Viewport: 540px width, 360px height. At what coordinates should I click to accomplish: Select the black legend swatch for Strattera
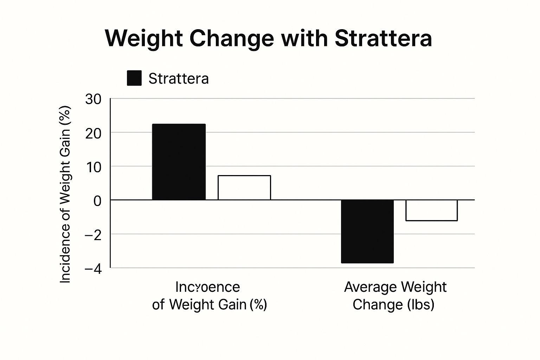click(134, 78)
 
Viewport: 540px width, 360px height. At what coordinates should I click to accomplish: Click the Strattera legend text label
click(178, 78)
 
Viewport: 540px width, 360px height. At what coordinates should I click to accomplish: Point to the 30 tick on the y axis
click(93, 99)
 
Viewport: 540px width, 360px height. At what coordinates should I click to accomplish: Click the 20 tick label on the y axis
click(93, 133)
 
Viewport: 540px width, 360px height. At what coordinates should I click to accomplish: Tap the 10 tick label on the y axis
click(93, 167)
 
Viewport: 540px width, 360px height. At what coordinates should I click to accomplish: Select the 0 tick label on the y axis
click(97, 201)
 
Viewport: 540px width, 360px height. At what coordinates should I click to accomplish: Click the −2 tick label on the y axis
click(93, 235)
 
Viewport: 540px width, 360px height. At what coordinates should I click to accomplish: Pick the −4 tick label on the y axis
click(93, 269)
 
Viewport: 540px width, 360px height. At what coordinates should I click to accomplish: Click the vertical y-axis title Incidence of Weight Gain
click(65, 194)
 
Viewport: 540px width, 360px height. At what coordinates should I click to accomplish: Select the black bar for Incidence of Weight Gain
click(179, 162)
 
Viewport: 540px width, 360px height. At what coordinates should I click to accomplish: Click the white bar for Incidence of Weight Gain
click(244, 187)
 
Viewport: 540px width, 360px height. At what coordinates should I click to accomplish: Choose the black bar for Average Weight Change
click(367, 231)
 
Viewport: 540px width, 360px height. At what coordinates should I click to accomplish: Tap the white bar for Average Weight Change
click(431, 210)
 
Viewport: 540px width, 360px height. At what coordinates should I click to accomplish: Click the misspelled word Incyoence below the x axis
click(207, 287)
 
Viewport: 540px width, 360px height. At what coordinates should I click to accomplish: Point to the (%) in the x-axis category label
click(258, 304)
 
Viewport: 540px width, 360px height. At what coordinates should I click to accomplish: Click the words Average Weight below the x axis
click(395, 287)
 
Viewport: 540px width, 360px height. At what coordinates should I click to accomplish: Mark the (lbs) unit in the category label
click(421, 304)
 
